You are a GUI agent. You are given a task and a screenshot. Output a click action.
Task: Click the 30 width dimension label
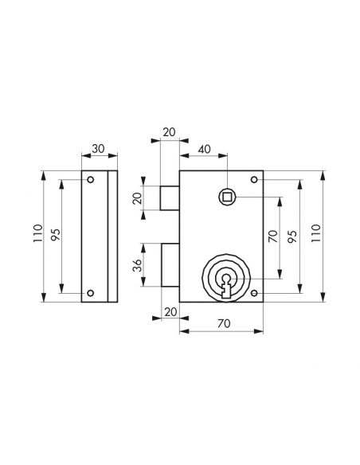pyautogui.click(x=98, y=149)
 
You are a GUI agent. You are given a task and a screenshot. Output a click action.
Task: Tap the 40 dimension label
pyautogui.click(x=204, y=149)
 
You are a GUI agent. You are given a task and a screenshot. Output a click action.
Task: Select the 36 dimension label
pyautogui.click(x=137, y=265)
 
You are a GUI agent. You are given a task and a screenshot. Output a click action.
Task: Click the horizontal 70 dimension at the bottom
pyautogui.click(x=224, y=323)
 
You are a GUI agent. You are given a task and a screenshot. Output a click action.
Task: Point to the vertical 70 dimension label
pyautogui.click(x=274, y=236)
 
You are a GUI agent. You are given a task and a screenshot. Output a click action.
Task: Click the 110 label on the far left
pyautogui.click(x=38, y=234)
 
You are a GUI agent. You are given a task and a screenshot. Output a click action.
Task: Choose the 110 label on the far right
pyautogui.click(x=316, y=234)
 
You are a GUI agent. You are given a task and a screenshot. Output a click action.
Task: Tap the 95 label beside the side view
pyautogui.click(x=57, y=235)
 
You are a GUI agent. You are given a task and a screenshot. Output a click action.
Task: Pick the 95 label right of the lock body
pyautogui.click(x=292, y=236)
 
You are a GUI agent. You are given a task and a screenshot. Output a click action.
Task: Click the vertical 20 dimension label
pyautogui.click(x=137, y=198)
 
